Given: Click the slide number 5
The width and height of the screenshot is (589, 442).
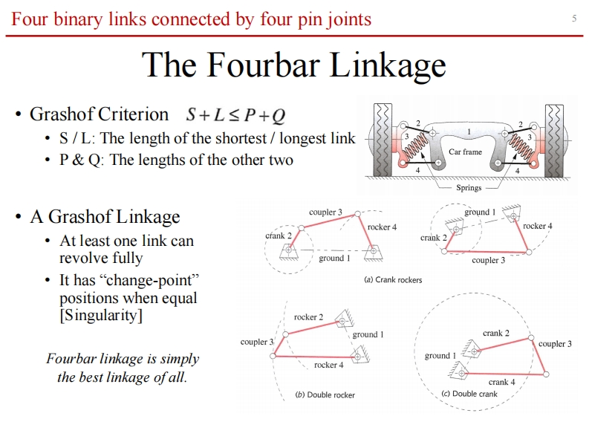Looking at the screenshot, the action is pyautogui.click(x=574, y=19).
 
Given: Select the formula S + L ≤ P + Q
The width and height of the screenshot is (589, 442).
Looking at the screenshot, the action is pyautogui.click(x=236, y=115).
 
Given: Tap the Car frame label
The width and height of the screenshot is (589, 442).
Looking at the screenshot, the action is pyautogui.click(x=466, y=152).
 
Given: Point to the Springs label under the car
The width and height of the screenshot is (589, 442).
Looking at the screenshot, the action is pyautogui.click(x=469, y=188).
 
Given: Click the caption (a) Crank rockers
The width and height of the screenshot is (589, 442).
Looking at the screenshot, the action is pyautogui.click(x=393, y=279).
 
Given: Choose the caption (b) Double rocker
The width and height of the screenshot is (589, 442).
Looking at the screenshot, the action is pyautogui.click(x=325, y=394).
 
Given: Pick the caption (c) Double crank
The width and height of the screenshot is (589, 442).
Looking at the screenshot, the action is pyautogui.click(x=469, y=393).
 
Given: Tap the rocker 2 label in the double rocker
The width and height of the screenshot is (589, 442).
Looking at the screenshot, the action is pyautogui.click(x=308, y=317).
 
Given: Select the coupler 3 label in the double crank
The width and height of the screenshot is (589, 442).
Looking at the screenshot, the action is pyautogui.click(x=555, y=344).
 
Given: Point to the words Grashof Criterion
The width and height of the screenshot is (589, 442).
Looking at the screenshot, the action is pyautogui.click(x=99, y=114).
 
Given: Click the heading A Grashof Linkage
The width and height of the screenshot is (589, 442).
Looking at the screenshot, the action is pyautogui.click(x=105, y=217).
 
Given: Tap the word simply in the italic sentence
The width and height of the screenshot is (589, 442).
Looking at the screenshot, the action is pyautogui.click(x=182, y=359).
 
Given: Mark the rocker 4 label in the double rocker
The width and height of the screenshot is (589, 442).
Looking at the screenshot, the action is pyautogui.click(x=328, y=365).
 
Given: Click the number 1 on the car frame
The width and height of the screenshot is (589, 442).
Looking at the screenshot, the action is pyautogui.click(x=469, y=132).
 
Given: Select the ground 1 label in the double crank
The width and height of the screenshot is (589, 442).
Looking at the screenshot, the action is pyautogui.click(x=440, y=356).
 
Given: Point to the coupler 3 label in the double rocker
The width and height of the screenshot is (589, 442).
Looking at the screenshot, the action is pyautogui.click(x=257, y=342).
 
